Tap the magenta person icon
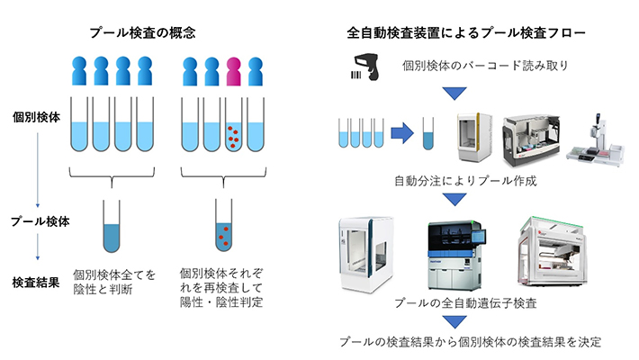click(x=234, y=68)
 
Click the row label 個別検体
click(x=36, y=118)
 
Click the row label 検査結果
click(x=36, y=282)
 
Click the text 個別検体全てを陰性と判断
click(x=114, y=282)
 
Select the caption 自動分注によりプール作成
click(x=465, y=181)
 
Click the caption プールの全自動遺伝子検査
click(x=465, y=303)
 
